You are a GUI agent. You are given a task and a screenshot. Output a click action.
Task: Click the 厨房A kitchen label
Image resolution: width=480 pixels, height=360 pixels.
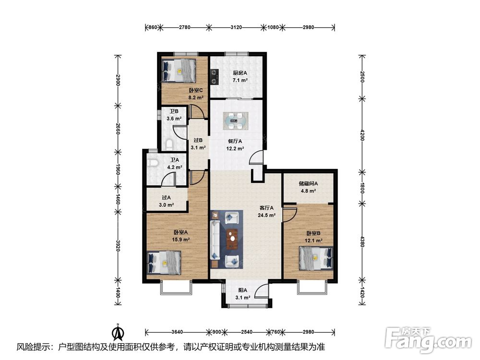click(x=240, y=73)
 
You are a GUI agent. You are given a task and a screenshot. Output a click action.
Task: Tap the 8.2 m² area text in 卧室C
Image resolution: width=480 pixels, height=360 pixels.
click(x=196, y=97)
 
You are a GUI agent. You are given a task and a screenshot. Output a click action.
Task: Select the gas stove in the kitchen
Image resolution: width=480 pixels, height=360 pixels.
click(x=214, y=77)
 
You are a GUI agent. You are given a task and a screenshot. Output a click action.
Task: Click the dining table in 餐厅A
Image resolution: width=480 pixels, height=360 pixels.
click(x=235, y=121)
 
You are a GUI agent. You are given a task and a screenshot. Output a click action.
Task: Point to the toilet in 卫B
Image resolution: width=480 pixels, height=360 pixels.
click(x=169, y=144)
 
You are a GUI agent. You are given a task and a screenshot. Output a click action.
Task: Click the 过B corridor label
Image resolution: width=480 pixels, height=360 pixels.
click(x=198, y=141)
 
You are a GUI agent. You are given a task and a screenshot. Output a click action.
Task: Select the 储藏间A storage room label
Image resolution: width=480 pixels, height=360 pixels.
click(x=308, y=184)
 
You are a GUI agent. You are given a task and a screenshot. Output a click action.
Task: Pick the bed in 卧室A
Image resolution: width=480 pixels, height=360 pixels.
click(x=164, y=263)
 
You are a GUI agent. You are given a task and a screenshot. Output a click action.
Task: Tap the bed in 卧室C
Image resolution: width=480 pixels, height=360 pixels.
click(x=179, y=71)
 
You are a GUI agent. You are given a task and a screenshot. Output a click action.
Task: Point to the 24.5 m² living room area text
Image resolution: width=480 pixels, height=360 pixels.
click(x=266, y=215)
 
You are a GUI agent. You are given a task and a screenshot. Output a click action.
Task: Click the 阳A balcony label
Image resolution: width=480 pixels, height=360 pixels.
click(x=243, y=290)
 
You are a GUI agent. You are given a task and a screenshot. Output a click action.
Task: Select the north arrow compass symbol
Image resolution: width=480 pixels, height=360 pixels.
click(x=118, y=332)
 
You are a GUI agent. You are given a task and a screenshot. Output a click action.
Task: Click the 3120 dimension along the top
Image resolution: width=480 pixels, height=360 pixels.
click(x=236, y=27)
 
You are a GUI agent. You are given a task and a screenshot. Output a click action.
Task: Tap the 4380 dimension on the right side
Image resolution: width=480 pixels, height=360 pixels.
click(x=362, y=241)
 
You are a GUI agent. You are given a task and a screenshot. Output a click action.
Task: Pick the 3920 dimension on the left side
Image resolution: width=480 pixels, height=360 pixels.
click(x=118, y=245)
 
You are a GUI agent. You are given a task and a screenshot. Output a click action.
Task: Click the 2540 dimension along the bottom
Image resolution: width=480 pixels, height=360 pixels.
click(x=247, y=332)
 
